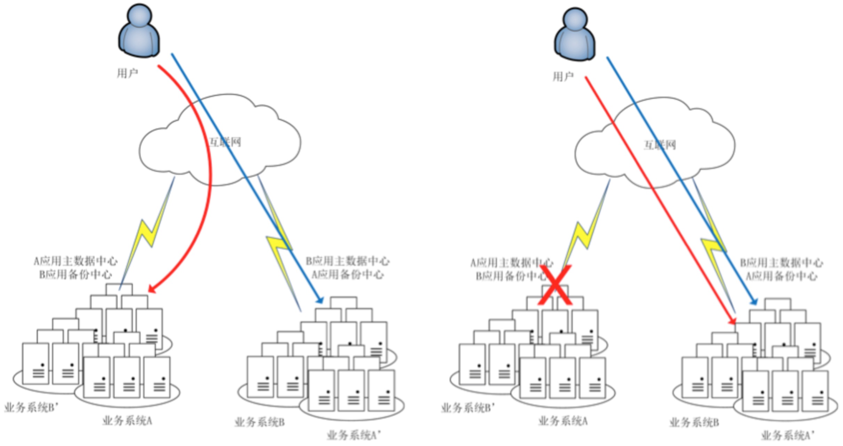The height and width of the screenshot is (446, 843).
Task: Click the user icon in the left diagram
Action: (139, 31)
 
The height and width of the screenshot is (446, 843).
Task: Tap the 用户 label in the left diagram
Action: (127, 73)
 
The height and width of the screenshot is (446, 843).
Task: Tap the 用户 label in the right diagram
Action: (563, 76)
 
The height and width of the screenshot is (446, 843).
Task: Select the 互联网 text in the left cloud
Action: (225, 142)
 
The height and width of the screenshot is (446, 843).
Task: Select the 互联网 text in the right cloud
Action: (660, 145)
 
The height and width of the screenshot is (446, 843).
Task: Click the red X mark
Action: (555, 285)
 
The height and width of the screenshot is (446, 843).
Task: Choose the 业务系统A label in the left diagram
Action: (127, 421)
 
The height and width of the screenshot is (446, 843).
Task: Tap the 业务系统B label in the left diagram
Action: (260, 423)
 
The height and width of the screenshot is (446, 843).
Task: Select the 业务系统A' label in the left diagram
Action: (354, 435)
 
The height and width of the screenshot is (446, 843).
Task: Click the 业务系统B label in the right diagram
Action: (694, 423)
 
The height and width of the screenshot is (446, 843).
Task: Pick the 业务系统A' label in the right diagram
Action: (788, 435)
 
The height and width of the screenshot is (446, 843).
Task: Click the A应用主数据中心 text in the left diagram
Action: (76, 261)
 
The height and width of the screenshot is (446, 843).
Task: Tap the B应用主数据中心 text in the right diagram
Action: (781, 263)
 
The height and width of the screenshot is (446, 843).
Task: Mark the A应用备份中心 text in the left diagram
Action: (347, 274)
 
